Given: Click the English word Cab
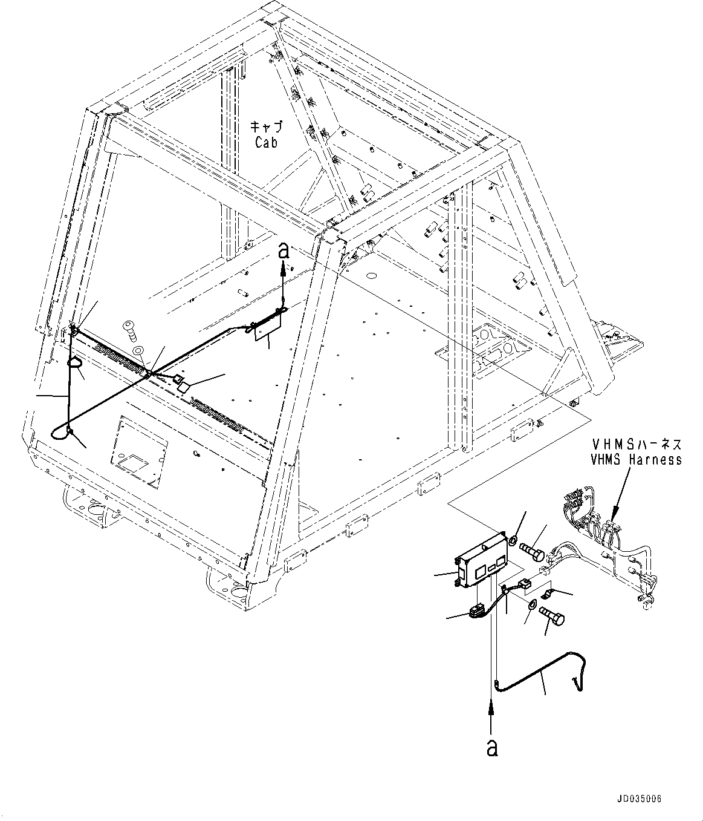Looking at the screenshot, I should click(x=266, y=143).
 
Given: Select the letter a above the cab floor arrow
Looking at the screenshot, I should click(x=283, y=251).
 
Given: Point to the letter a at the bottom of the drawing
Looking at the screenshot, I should click(x=493, y=748).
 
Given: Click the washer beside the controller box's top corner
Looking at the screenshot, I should click(x=512, y=538).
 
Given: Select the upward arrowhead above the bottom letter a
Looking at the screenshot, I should click(x=493, y=704).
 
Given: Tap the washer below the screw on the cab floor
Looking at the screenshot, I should click(x=138, y=349).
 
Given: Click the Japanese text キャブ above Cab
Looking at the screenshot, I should click(x=266, y=128).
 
